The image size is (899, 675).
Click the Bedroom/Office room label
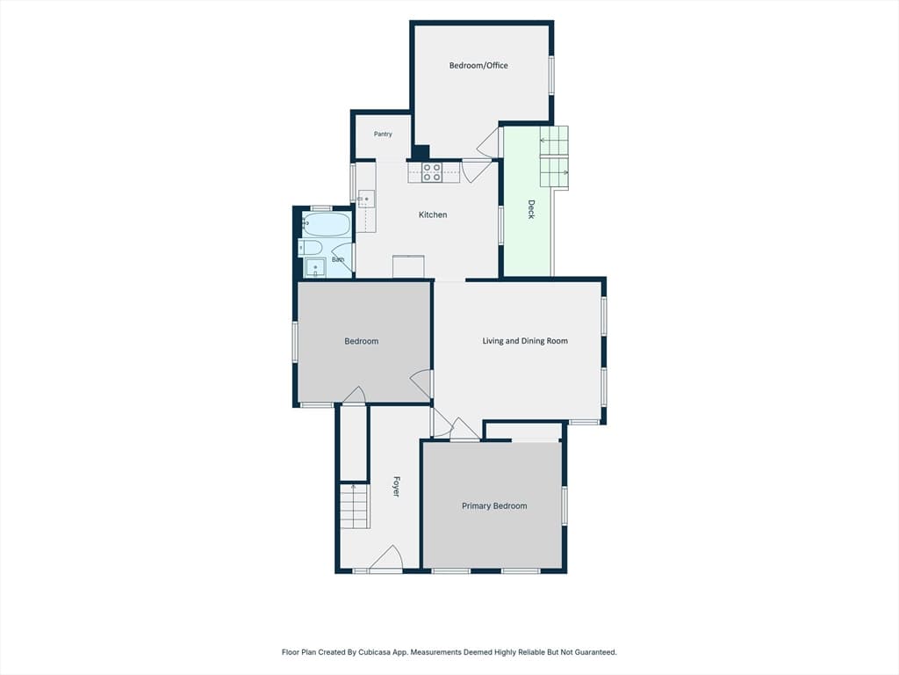(478, 65)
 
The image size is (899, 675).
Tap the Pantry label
(383, 134)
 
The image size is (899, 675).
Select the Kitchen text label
(433, 214)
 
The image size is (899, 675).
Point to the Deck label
(531, 209)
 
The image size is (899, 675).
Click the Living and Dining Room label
(525, 341)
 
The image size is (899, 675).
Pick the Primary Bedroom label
(494, 505)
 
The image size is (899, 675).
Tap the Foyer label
(396, 486)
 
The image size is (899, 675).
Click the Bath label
(338, 260)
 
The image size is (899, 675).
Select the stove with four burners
(432, 172)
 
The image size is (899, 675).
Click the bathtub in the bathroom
(326, 224)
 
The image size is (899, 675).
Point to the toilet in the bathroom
(310, 247)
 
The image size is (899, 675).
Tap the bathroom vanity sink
(315, 268)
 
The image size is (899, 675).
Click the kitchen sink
(366, 199)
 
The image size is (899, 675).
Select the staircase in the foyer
(355, 505)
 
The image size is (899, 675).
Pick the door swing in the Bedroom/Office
(487, 142)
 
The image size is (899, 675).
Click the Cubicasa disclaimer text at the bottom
(449, 652)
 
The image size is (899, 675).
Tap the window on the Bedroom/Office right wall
(551, 76)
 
